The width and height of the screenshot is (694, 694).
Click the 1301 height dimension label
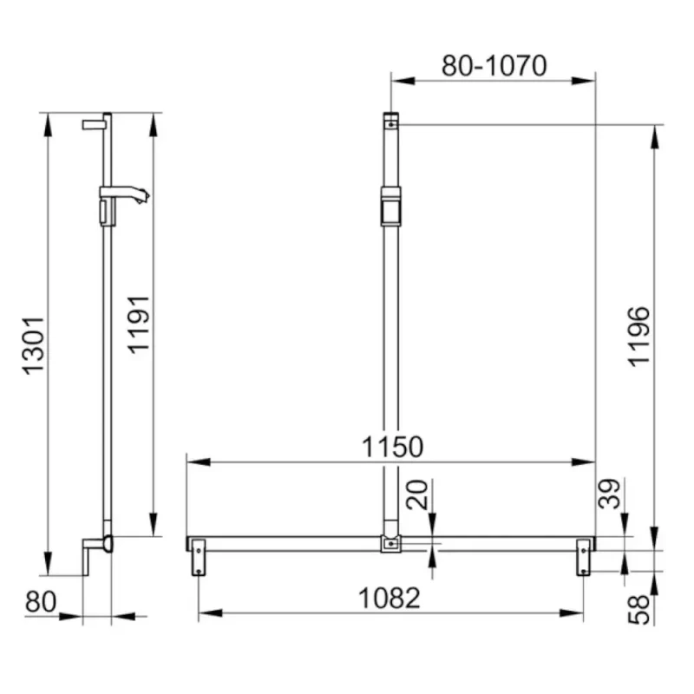(x=34, y=345)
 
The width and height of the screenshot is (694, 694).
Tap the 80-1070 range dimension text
(x=494, y=66)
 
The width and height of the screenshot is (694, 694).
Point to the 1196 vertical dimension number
(x=639, y=337)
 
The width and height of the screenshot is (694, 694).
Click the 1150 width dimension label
(x=392, y=447)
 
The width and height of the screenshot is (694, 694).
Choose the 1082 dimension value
(x=389, y=599)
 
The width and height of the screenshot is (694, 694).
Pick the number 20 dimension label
(x=417, y=494)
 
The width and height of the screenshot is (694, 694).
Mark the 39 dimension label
(x=609, y=494)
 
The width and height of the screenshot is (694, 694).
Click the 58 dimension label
(x=639, y=610)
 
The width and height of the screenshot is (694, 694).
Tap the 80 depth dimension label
(x=41, y=602)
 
